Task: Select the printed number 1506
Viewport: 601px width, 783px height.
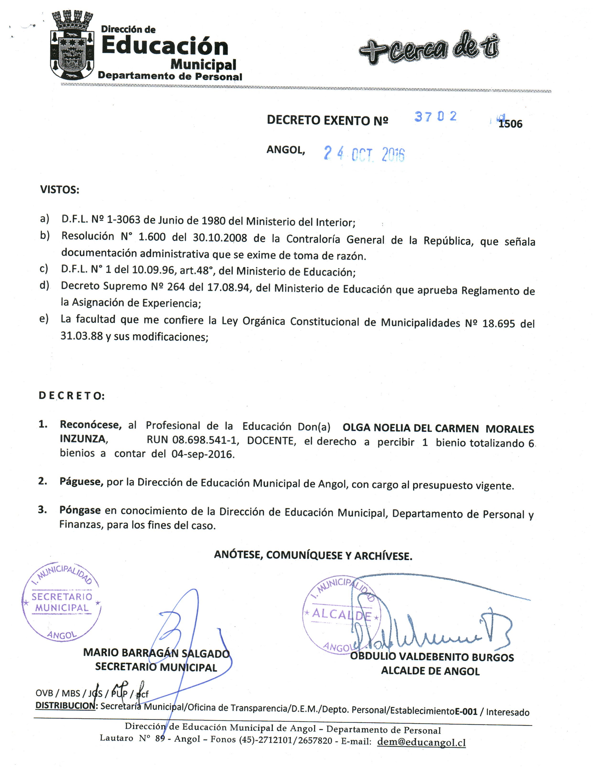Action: [x=510, y=124]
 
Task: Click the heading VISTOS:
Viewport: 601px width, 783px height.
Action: [x=60, y=190]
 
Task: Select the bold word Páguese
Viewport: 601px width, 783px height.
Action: [x=81, y=482]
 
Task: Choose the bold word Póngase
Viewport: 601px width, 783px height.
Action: [x=80, y=510]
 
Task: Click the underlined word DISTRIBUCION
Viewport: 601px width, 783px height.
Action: [x=65, y=706]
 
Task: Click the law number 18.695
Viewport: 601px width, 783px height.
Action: [x=498, y=324]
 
